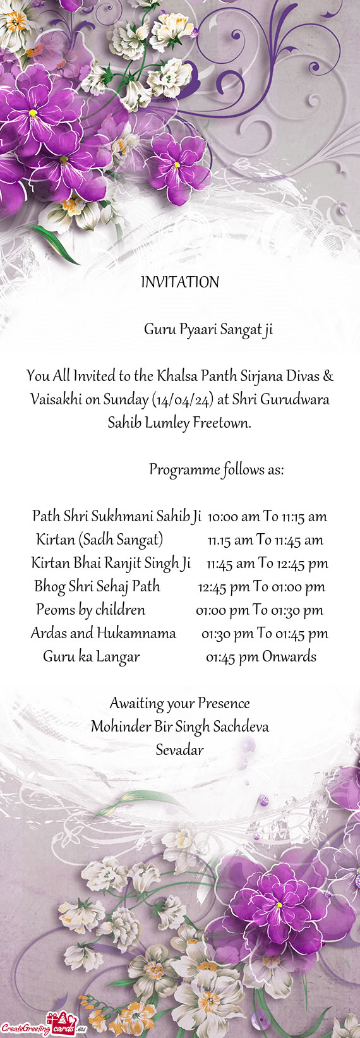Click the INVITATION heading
pyautogui.click(x=180, y=282)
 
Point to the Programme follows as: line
pyautogui.click(x=216, y=469)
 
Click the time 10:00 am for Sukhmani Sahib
pyautogui.click(x=232, y=516)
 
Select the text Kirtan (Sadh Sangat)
pyautogui.click(x=100, y=540)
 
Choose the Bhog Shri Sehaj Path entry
pyautogui.click(x=97, y=586)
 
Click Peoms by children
pyautogui.click(x=90, y=610)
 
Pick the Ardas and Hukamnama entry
pyautogui.click(x=103, y=633)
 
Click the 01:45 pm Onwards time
pyautogui.click(x=261, y=656)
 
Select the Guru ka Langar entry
pyautogui.click(x=91, y=656)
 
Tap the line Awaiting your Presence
pyautogui.click(x=180, y=703)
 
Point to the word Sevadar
pyautogui.click(x=180, y=750)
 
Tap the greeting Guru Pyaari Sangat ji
pyautogui.click(x=208, y=329)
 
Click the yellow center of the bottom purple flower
pyautogui.click(x=279, y=905)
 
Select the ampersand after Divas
pyautogui.click(x=328, y=376)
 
